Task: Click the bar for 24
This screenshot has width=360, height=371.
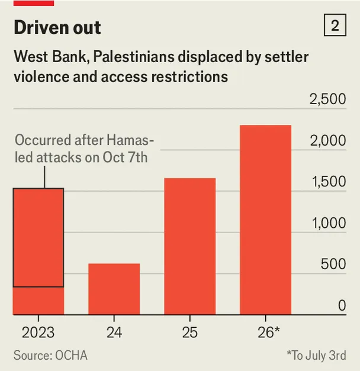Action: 114,289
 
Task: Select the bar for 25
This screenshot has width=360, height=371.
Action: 189,246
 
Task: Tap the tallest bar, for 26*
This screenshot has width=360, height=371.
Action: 265,220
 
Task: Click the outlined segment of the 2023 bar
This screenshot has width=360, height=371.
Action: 38,237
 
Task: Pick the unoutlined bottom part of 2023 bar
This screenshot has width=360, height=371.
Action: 38,301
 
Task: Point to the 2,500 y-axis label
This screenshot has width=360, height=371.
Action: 328,99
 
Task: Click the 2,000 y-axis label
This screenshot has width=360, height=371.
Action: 328,140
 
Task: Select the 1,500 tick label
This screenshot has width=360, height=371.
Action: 329,182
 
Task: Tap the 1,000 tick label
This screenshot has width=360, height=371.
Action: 329,223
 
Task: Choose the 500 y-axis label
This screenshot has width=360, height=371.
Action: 333,264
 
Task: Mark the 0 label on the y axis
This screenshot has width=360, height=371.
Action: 342,305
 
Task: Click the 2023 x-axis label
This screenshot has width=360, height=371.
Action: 38,333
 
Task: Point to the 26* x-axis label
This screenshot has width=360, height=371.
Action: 269,333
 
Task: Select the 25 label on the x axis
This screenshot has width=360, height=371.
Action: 189,333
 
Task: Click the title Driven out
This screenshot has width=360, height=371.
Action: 57,27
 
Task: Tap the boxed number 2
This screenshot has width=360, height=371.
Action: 335,25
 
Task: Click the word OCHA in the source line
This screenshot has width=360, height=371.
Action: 71,356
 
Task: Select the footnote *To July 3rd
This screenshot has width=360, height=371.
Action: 316,356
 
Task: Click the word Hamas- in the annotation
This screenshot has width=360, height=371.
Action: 130,140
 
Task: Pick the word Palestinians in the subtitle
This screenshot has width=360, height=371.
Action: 134,57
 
